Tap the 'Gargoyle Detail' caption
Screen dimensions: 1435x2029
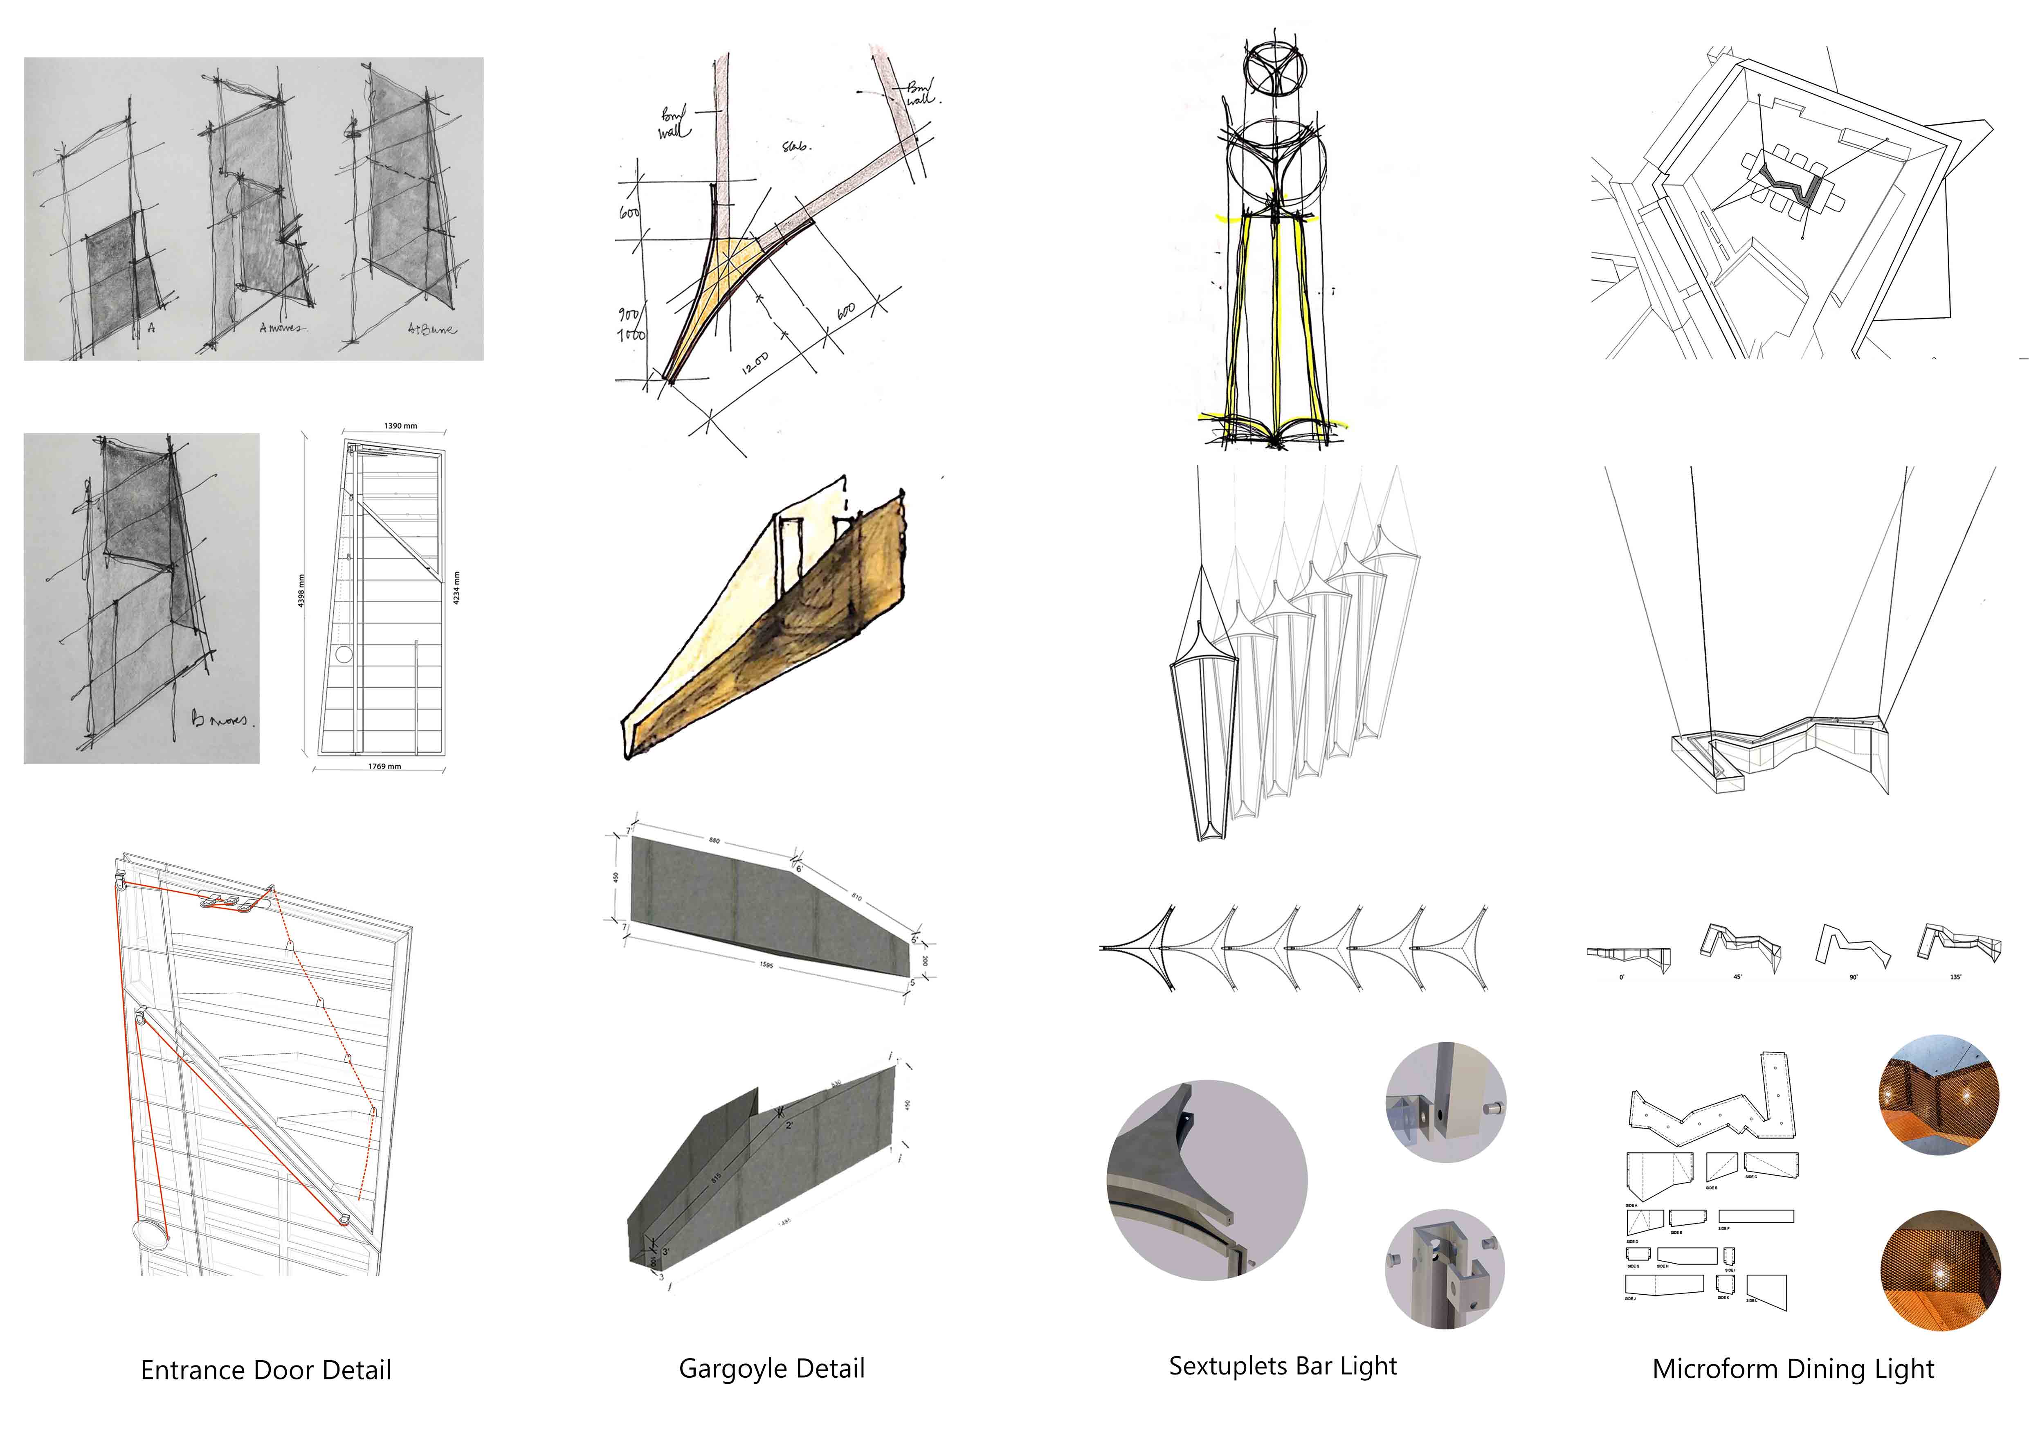coord(771,1369)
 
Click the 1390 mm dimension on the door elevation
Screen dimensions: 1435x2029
coord(400,426)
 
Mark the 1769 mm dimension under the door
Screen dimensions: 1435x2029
coord(384,766)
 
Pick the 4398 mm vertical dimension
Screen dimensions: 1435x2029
coord(301,590)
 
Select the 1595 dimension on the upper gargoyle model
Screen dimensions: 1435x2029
coord(766,965)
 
